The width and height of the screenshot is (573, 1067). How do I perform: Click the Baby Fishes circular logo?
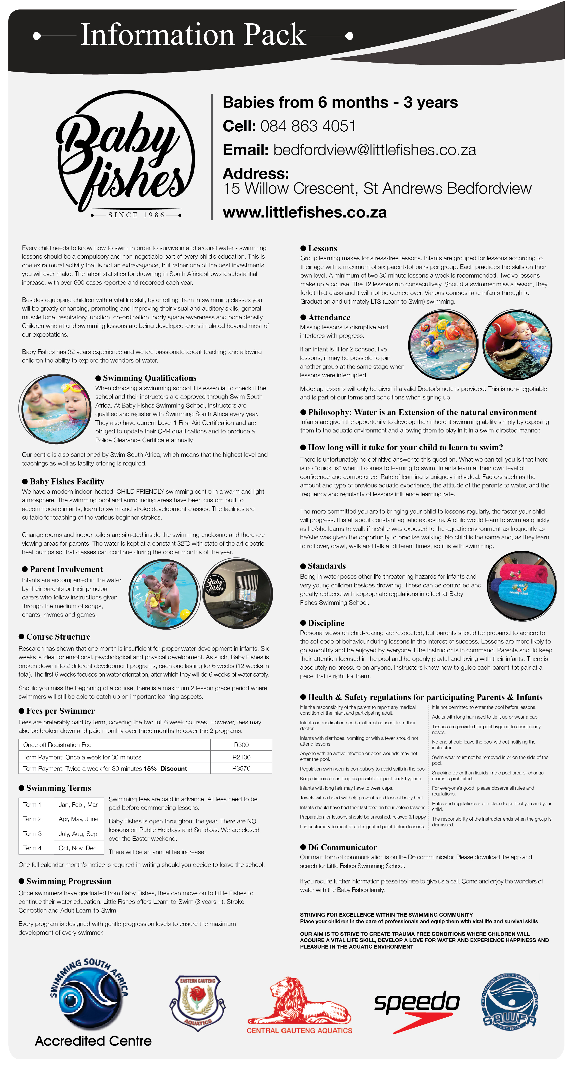pyautogui.click(x=125, y=154)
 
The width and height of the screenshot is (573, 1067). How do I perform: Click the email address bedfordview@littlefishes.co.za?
pyautogui.click(x=375, y=150)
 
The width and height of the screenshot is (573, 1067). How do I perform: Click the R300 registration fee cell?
pyautogui.click(x=241, y=745)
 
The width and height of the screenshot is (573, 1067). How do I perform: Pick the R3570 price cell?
pyautogui.click(x=241, y=768)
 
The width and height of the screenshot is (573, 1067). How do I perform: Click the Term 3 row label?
pyautogui.click(x=32, y=833)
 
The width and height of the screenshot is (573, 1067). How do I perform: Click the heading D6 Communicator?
pyautogui.click(x=342, y=847)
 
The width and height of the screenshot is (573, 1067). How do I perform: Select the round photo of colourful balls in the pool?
pyautogui.click(x=443, y=345)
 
